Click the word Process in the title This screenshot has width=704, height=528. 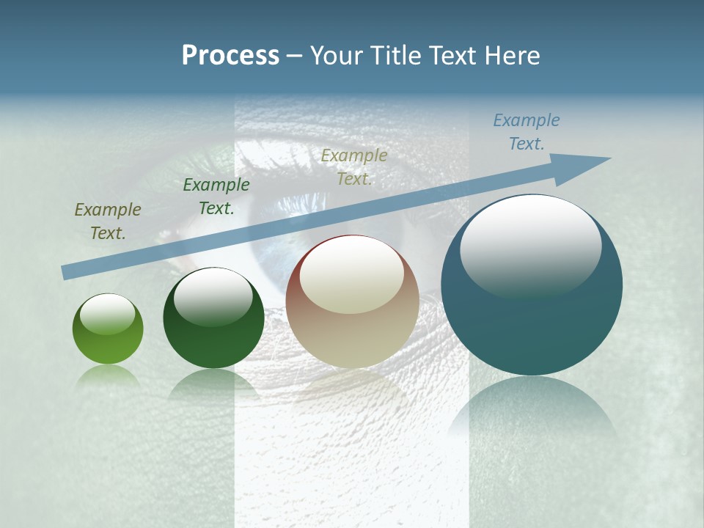[230, 56]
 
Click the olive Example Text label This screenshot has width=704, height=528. [108, 221]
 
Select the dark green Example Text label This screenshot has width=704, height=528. [216, 197]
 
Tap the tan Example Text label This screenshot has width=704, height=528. [354, 166]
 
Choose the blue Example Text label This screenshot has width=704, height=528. [527, 132]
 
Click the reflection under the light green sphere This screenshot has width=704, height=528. [108, 375]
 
